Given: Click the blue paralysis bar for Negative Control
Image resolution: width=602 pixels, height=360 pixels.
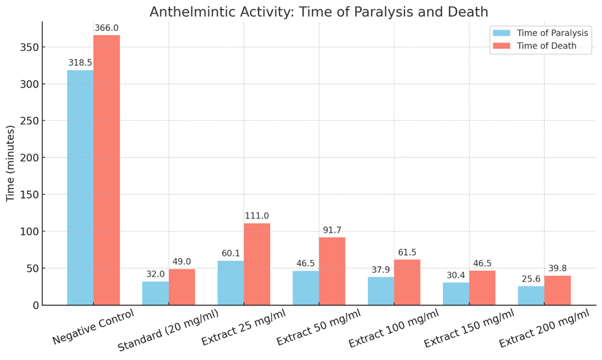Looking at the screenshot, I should tap(80, 188).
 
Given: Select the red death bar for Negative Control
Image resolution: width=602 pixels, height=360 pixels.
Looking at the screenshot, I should tap(106, 170).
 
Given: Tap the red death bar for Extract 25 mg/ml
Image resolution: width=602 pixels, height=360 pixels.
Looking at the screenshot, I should tap(257, 264).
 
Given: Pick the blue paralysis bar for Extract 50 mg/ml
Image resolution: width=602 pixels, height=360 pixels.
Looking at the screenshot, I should tap(306, 288).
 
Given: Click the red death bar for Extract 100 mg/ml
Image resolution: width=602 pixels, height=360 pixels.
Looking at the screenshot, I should tap(407, 283).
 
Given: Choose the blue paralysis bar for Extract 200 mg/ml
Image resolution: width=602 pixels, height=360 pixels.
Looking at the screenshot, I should tap(531, 296).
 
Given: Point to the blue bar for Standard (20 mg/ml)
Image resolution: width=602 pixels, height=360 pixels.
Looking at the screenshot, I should tap(155, 293).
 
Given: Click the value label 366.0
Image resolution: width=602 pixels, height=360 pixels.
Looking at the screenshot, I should tap(106, 28).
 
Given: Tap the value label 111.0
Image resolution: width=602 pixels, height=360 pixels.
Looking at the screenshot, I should tap(257, 216).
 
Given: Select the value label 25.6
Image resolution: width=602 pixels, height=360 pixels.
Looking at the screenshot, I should tap(531, 279).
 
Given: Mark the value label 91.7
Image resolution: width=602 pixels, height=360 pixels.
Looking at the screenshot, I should tap(332, 231).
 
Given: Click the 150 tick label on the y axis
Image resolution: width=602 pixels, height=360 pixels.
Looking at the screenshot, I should tap(30, 195).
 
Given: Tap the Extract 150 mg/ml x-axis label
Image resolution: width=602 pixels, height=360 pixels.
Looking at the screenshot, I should tap(469, 330).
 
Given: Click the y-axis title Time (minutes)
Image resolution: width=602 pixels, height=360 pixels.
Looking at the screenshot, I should tap(11, 163).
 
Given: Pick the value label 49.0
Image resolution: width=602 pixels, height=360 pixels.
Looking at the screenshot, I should tap(181, 261).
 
